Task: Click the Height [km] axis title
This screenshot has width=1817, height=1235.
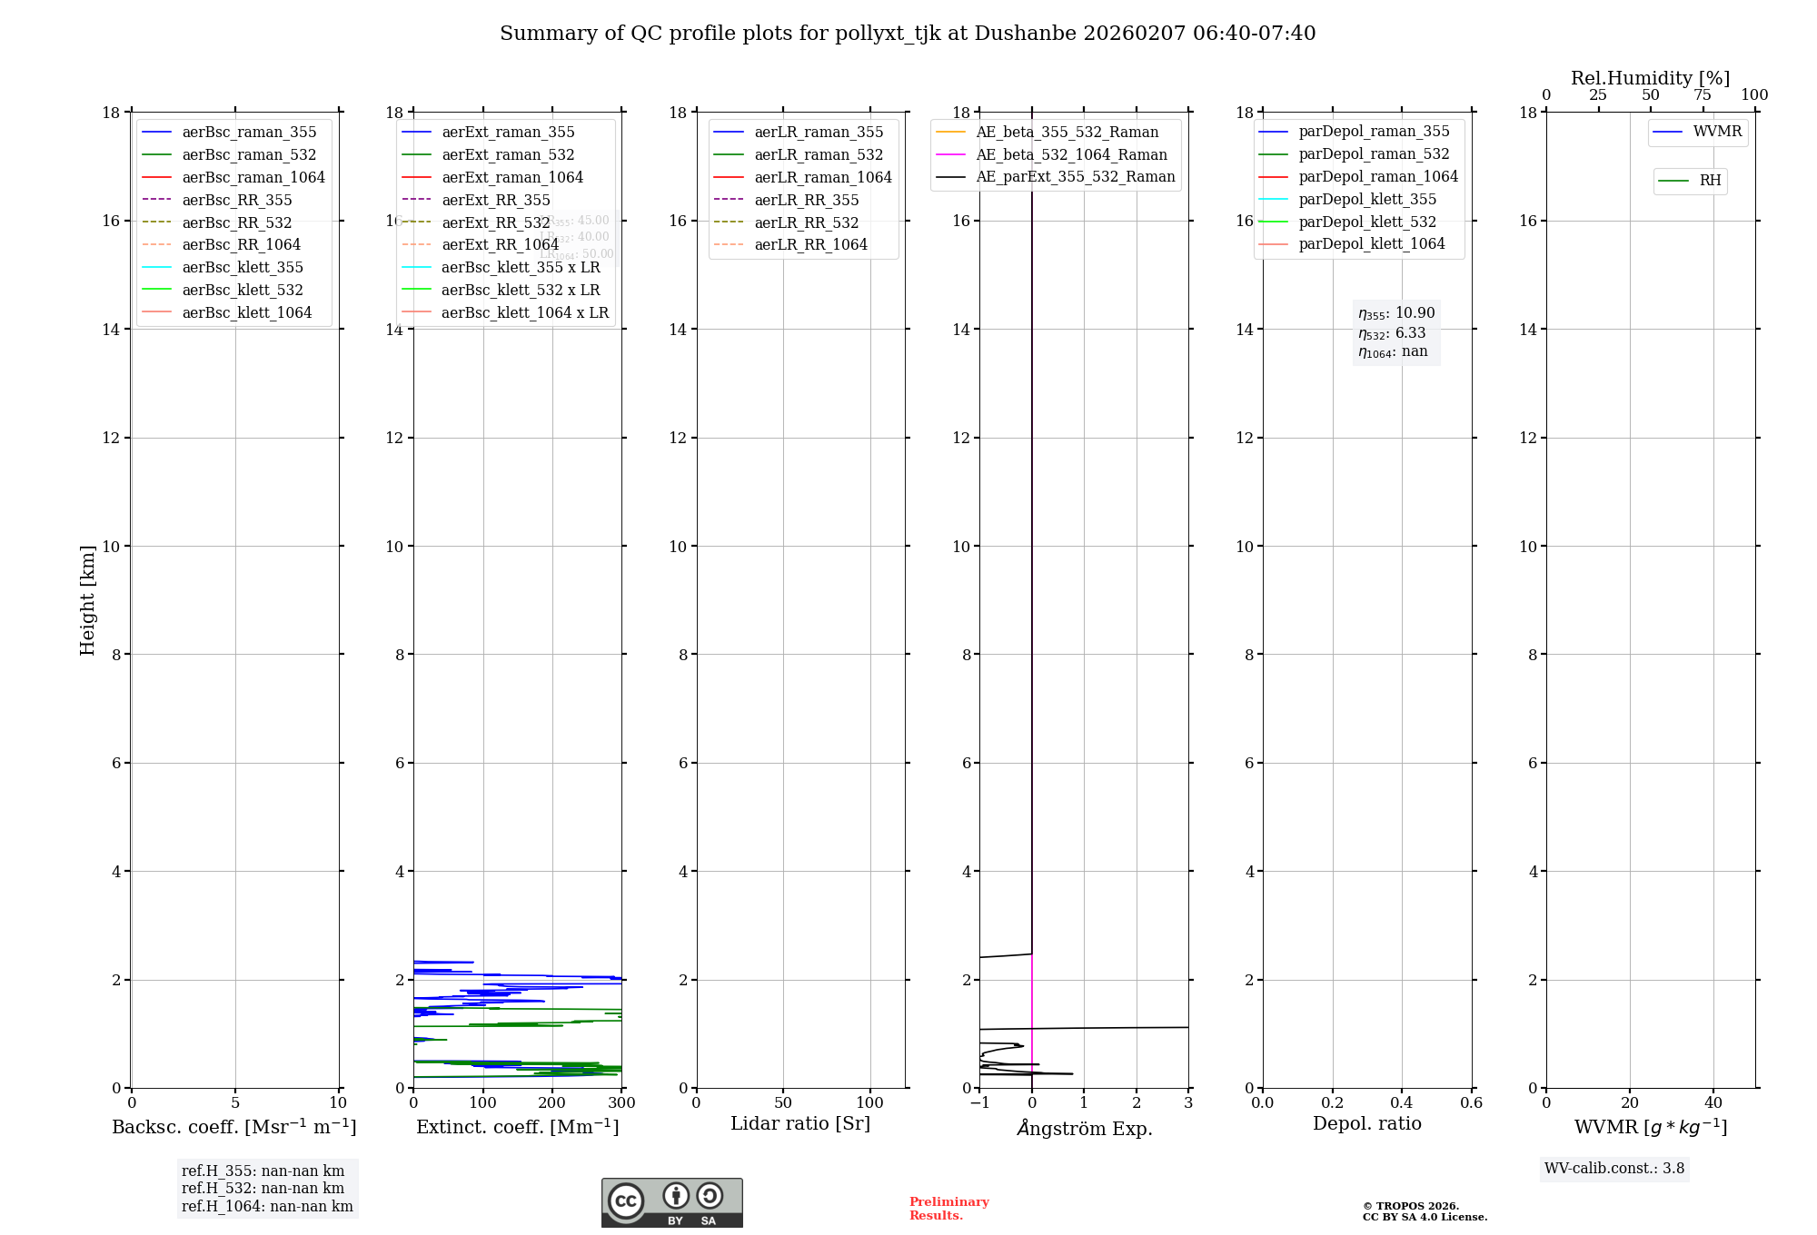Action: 87,600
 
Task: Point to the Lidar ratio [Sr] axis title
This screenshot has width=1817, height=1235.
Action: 800,1123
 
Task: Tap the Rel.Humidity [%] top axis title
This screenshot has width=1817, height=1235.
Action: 1650,78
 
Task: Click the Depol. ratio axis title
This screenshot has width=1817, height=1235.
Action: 1366,1123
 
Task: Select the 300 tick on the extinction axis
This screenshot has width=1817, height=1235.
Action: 622,1103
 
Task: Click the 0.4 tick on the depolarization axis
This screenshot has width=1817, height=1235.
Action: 1402,1103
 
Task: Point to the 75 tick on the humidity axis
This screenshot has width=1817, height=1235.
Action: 1703,95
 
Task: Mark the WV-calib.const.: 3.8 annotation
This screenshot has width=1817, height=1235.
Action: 1614,1169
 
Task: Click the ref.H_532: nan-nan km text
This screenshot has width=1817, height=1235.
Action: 263,1189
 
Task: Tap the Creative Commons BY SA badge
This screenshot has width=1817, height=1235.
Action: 671,1203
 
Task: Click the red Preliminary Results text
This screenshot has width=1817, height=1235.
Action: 948,1209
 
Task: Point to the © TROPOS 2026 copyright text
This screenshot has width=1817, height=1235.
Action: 1410,1207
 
